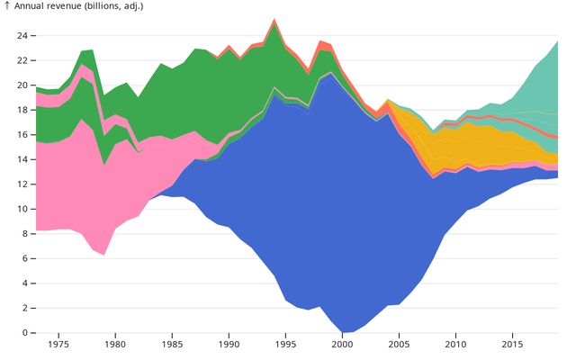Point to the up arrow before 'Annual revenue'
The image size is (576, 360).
pyautogui.click(x=7, y=6)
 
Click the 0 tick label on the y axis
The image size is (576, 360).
pyautogui.click(x=26, y=333)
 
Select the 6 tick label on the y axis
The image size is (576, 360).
pyautogui.click(x=26, y=258)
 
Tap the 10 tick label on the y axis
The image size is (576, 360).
pyautogui.click(x=23, y=209)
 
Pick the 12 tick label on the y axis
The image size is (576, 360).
pyautogui.click(x=23, y=184)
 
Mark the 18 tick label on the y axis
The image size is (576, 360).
pyautogui.click(x=23, y=110)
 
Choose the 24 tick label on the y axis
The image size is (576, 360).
pyautogui.click(x=23, y=36)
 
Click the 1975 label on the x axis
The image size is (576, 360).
pyautogui.click(x=58, y=345)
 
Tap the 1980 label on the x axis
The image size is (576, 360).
pyautogui.click(x=115, y=345)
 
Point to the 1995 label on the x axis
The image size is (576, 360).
pyautogui.click(x=285, y=345)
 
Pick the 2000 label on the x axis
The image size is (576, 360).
pyautogui.click(x=342, y=345)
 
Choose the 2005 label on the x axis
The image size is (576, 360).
pyautogui.click(x=399, y=345)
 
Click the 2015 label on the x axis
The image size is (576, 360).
pyautogui.click(x=512, y=345)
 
